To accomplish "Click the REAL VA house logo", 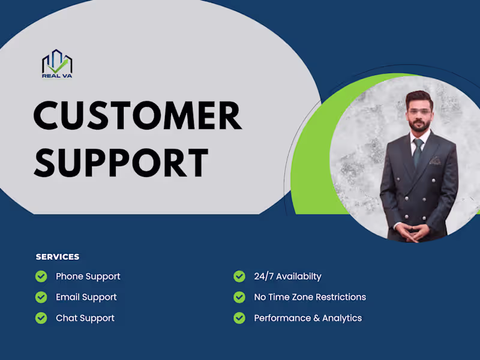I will click(57, 63).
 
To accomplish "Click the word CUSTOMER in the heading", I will click(137, 116).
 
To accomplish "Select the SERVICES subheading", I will click(58, 257).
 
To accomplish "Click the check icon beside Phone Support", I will click(41, 276).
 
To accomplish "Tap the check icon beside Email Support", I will click(41, 297).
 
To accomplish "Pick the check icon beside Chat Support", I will click(41, 318).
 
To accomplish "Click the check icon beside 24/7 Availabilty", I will click(239, 276).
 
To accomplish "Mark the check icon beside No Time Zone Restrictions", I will click(239, 297).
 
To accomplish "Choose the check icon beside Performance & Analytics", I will click(239, 318).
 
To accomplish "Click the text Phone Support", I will click(88, 277).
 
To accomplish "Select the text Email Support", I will click(86, 297).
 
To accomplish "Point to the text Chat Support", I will click(85, 318).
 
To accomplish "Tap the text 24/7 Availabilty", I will click(288, 277).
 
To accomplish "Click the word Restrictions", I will click(339, 297).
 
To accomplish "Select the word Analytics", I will click(343, 318).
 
